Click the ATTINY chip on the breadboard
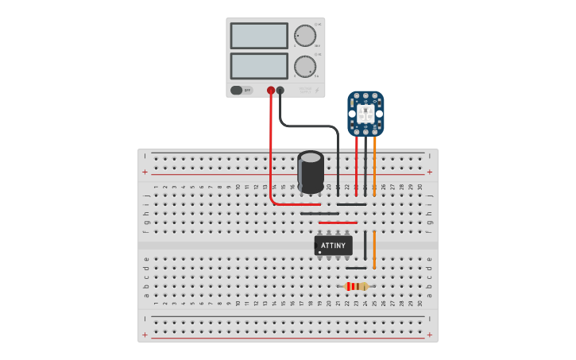click(x=334, y=246)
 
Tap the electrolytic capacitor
click(x=311, y=172)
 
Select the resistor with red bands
click(x=356, y=286)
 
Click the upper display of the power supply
click(x=259, y=36)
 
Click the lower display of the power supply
click(x=259, y=65)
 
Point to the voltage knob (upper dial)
click(x=304, y=36)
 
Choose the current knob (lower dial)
click(x=304, y=66)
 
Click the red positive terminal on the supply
click(x=271, y=91)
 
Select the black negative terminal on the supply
click(x=280, y=91)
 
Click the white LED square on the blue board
click(x=365, y=114)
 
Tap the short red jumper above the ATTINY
click(x=338, y=223)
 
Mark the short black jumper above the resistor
click(x=356, y=268)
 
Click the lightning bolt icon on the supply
click(x=317, y=91)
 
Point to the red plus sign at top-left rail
click(x=145, y=172)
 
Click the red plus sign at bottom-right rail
click(x=430, y=335)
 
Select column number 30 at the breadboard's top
click(x=420, y=187)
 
